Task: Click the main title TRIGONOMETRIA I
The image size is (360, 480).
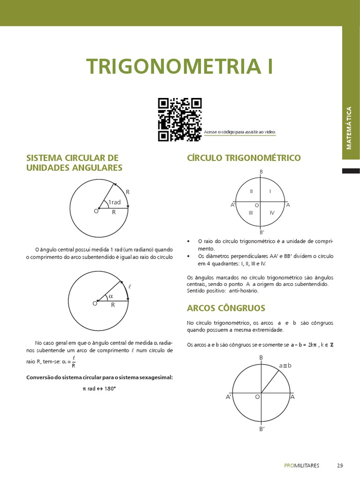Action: click(179, 67)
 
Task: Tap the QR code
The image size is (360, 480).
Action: click(180, 120)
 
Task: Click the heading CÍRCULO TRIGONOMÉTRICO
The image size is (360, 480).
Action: click(244, 158)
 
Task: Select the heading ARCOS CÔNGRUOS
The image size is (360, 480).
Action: click(226, 308)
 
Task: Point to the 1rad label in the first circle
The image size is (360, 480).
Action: click(114, 202)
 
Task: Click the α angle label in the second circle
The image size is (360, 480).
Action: click(111, 296)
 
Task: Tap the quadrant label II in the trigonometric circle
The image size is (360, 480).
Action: click(252, 191)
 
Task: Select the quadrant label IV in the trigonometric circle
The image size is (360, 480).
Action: click(272, 213)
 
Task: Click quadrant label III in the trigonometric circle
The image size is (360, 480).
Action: click(251, 213)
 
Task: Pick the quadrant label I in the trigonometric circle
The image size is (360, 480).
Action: click(270, 191)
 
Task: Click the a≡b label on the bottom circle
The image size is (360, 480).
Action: click(285, 365)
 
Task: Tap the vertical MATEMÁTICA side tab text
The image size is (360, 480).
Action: click(349, 128)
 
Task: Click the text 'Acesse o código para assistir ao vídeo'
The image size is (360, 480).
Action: click(240, 132)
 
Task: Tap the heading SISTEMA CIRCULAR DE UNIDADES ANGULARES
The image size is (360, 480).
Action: click(74, 163)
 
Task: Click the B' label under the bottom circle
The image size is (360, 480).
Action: click(262, 429)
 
